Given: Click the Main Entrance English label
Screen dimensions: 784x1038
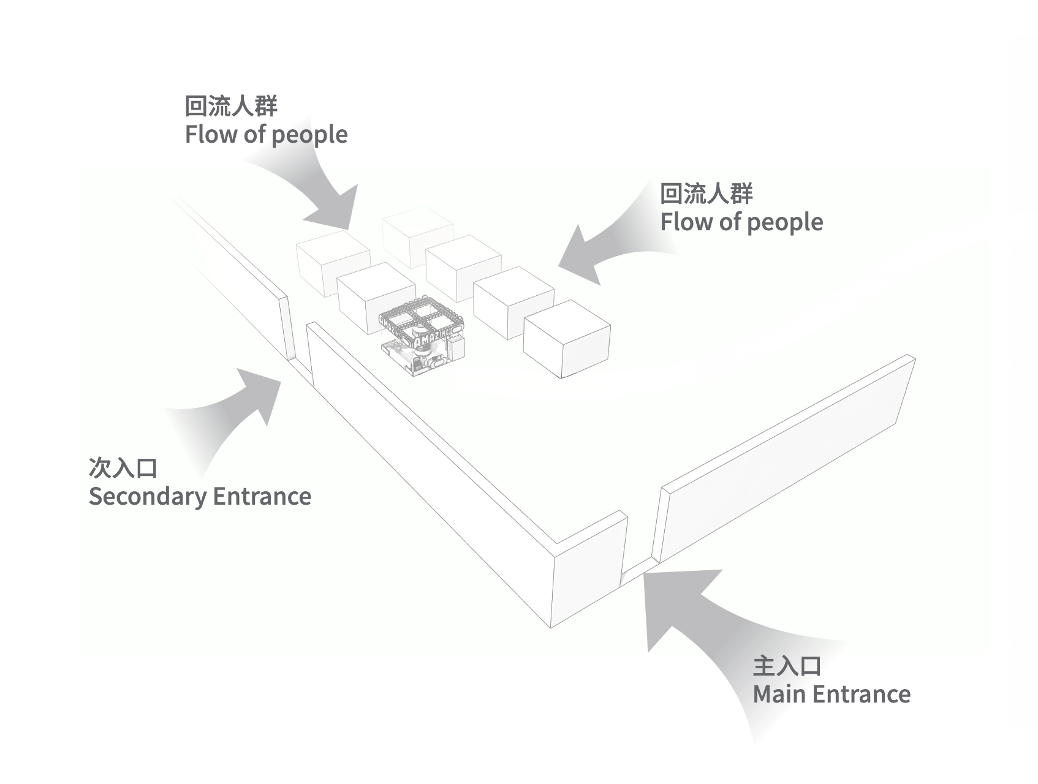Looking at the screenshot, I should pos(831,694).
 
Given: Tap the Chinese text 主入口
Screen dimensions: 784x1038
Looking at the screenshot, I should pos(786,666).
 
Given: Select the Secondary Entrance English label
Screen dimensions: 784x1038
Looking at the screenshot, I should pos(200,496).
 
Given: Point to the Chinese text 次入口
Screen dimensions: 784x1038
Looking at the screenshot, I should pos(123,468).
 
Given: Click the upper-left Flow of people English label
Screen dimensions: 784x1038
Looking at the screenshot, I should pos(266,135).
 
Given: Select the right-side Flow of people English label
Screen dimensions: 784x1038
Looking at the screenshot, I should pos(741,222).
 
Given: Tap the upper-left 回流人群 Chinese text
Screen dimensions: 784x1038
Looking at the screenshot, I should pos(231,107).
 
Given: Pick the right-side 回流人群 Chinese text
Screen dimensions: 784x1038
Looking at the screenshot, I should pos(706,194).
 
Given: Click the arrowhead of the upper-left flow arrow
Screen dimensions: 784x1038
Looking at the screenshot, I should pos(337,211).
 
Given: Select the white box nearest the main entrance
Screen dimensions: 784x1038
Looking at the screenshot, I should pos(567,340).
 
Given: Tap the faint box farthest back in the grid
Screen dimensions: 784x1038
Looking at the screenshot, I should pos(417,236).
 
